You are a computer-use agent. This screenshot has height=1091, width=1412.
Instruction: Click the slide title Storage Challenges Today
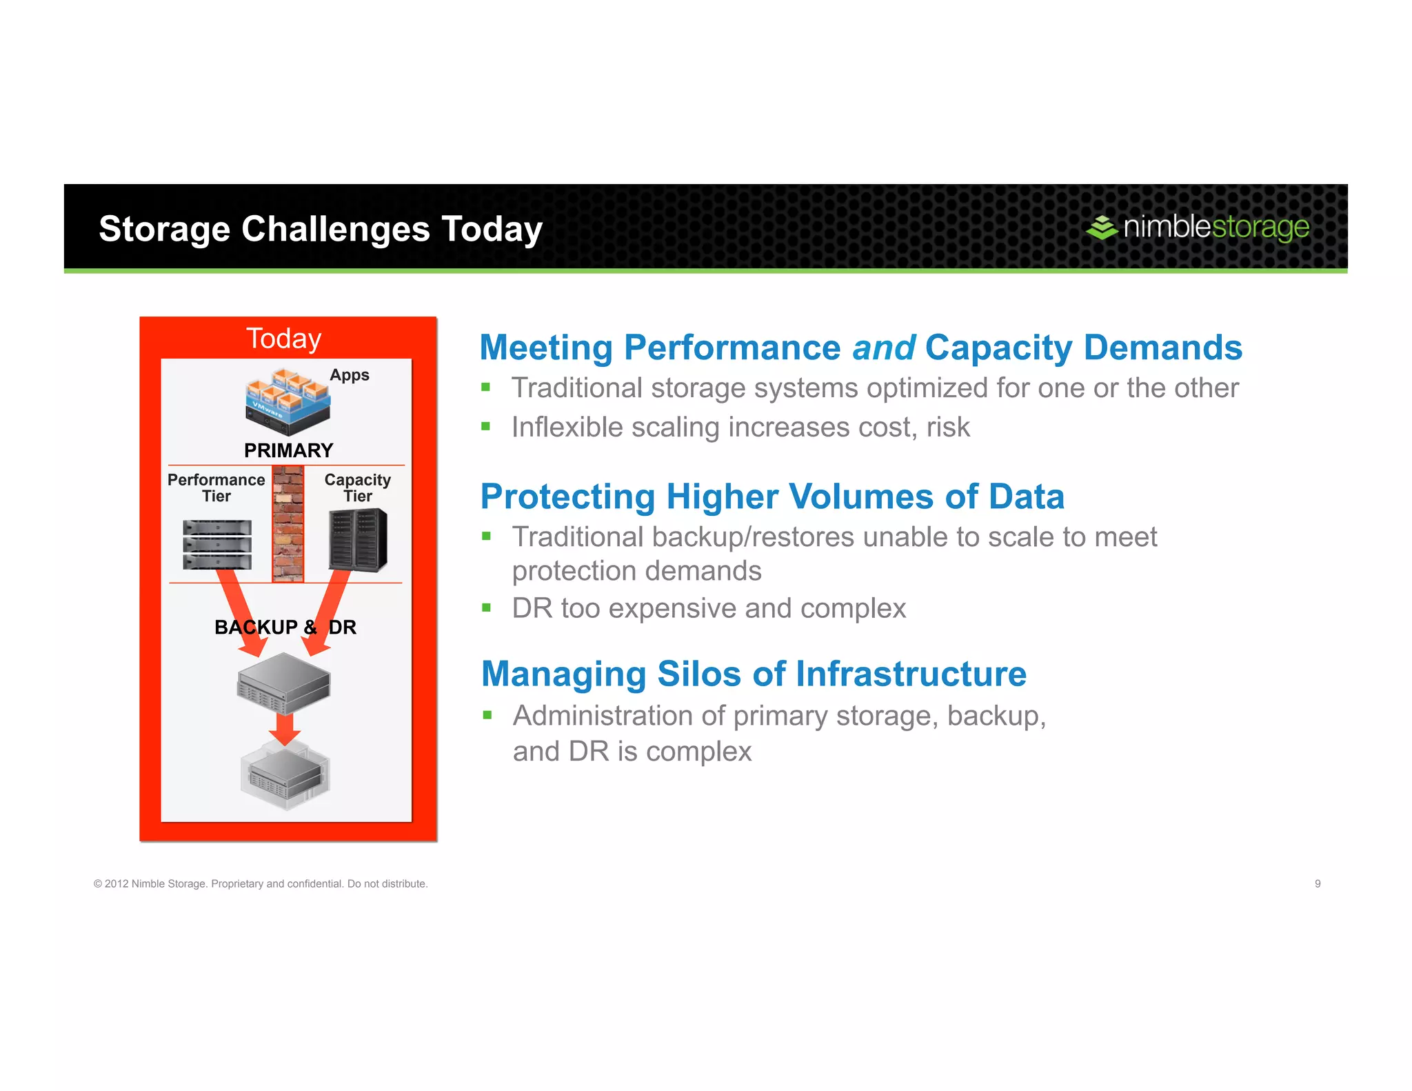click(321, 229)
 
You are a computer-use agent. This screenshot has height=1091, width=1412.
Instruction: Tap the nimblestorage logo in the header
click(1197, 227)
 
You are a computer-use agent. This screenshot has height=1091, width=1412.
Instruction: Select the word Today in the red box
click(283, 339)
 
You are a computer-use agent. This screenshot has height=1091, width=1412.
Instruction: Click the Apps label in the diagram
click(350, 375)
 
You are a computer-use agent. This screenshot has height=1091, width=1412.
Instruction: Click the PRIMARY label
click(288, 450)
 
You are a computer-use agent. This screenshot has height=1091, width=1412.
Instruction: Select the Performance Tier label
click(216, 488)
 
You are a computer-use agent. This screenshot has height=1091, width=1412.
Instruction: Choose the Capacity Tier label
click(357, 488)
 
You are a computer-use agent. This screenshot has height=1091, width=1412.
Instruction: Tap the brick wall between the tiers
click(288, 524)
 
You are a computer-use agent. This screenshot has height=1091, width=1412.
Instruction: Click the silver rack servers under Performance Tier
click(217, 545)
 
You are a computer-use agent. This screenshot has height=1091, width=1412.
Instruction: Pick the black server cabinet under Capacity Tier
click(358, 540)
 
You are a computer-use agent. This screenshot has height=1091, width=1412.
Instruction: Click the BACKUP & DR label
click(285, 627)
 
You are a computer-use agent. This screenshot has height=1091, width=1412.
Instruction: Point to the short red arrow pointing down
click(285, 728)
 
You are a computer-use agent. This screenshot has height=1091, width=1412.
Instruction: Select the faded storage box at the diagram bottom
click(285, 776)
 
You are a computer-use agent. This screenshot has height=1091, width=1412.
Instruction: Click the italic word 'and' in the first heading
click(884, 348)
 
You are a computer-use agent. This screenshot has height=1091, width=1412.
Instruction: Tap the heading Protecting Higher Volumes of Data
click(772, 497)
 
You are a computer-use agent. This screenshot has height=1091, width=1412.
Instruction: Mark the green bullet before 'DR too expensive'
click(487, 608)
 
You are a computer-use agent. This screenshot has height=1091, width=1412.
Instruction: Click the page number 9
click(1318, 883)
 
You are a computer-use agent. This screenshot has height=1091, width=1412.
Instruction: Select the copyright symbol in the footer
click(98, 884)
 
